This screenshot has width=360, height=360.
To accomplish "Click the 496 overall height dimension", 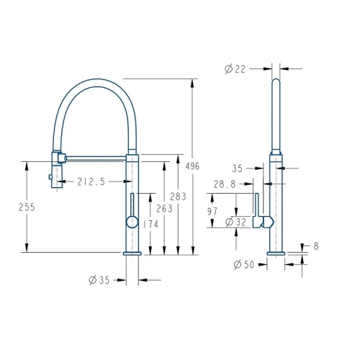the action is tap(192, 166).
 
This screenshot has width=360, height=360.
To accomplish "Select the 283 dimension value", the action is tap(178, 197).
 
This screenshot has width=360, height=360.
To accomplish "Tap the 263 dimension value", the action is tap(164, 209).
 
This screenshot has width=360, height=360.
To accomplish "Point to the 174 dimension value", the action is tap(150, 225).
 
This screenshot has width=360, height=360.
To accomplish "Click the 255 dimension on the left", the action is tap(27, 207).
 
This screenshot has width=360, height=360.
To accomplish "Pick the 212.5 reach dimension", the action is tap(91, 181).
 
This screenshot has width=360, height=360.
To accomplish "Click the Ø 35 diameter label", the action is tap(99, 280).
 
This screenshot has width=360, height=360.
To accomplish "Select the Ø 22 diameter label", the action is tap(235, 69).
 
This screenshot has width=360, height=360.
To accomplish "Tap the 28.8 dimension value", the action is tap(225, 184).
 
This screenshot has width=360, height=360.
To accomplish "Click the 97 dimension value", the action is tap(212, 212).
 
